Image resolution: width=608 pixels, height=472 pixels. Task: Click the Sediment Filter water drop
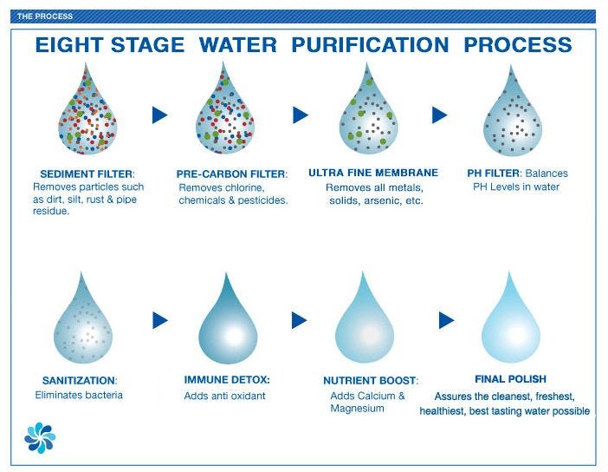(x=87, y=116)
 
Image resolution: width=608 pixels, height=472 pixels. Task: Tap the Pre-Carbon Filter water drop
(x=225, y=116)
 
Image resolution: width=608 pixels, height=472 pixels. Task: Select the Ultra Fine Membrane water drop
(x=368, y=116)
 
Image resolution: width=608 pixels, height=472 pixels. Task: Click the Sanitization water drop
(x=82, y=326)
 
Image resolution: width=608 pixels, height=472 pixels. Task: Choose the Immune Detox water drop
(x=228, y=326)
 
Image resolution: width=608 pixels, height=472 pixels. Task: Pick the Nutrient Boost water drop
(x=364, y=325)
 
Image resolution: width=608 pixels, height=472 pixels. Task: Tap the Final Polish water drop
(x=511, y=325)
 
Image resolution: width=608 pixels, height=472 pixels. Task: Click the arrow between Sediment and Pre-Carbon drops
(x=159, y=115)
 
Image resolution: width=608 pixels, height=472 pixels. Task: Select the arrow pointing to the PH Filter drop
(x=440, y=115)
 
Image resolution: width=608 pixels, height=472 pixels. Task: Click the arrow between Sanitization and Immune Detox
(x=160, y=320)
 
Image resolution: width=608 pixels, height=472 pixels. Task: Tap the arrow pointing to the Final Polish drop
(x=446, y=320)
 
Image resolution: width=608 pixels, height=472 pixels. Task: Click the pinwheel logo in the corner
(x=40, y=438)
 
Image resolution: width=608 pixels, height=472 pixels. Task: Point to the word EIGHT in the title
(x=70, y=44)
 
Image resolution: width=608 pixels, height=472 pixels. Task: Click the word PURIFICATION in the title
(x=370, y=44)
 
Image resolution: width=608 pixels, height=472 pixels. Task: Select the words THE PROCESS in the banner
(x=44, y=16)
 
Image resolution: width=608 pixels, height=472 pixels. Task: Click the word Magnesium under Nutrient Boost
(x=357, y=409)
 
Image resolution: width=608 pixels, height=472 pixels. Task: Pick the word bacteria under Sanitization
(x=104, y=395)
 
